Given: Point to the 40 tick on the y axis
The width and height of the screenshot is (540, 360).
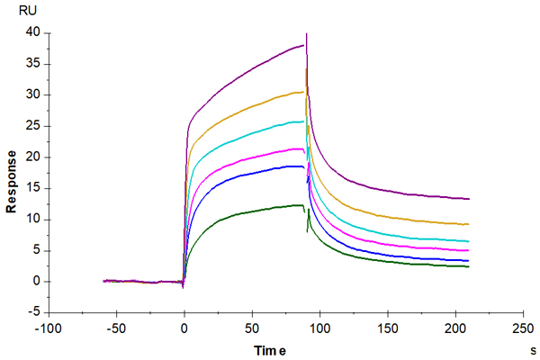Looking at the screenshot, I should click(x=35, y=32).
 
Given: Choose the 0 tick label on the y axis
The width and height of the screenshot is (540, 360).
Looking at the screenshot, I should click(x=39, y=281).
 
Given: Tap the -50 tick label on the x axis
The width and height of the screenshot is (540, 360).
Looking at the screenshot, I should click(x=115, y=329).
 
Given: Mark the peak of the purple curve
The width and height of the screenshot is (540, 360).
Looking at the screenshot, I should click(x=307, y=33).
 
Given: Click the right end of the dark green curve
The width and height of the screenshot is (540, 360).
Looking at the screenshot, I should click(x=469, y=266).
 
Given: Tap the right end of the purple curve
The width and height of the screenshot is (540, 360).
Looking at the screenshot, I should click(x=469, y=199).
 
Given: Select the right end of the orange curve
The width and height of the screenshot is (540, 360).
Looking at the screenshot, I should click(x=469, y=224).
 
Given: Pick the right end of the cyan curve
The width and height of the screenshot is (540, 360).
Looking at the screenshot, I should click(x=469, y=241).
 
